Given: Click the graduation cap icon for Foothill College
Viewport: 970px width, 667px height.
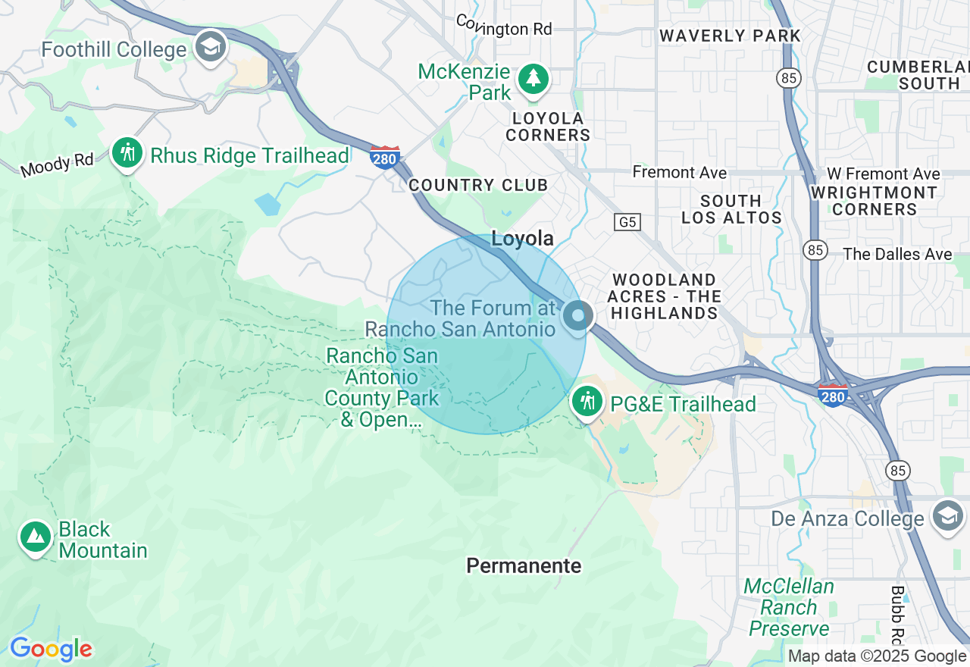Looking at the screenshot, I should coord(211,48).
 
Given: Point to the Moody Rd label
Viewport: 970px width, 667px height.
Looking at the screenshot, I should coord(57,164).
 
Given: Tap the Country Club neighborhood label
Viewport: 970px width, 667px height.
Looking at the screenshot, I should coord(477,186).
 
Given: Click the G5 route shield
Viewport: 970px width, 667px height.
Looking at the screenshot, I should coord(627,222).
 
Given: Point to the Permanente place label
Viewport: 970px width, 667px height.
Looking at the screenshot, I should coord(524,566).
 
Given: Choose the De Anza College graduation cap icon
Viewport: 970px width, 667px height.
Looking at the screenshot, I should coord(948,515).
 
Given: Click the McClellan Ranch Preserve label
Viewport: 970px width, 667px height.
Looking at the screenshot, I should coord(788,607).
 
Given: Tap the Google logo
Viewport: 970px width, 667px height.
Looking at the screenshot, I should coord(51,650).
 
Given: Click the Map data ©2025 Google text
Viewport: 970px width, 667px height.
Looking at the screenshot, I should coord(877,656).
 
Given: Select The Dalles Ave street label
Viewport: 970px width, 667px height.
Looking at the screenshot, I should coord(897,254).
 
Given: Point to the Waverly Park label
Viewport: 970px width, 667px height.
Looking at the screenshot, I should coord(730,36).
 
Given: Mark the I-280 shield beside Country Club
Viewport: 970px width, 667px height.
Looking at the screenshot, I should coord(385,158).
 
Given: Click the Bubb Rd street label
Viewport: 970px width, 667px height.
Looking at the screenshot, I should coord(898,614).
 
